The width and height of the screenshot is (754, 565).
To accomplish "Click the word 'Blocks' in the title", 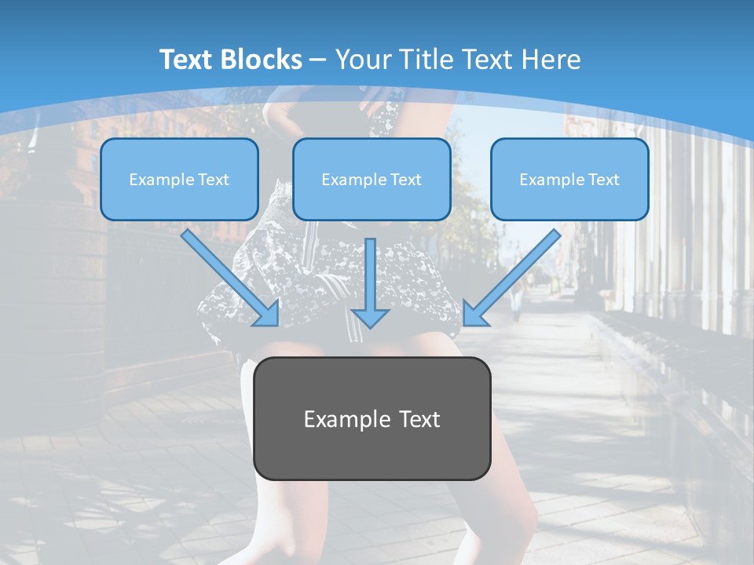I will [261, 60].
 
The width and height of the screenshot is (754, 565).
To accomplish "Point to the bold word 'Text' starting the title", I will [187, 60].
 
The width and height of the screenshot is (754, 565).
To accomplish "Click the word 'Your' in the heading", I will [362, 60].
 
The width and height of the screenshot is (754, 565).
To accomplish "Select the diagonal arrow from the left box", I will [227, 275].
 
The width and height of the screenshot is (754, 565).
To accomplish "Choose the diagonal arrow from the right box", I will [514, 275].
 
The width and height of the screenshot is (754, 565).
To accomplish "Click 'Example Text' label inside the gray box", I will [372, 419].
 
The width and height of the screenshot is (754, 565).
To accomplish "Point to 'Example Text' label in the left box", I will [179, 180].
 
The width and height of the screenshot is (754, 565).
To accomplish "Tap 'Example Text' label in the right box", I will [569, 180].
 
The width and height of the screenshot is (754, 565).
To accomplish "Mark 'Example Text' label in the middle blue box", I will [372, 180].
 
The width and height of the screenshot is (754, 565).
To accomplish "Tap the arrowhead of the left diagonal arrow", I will [269, 315].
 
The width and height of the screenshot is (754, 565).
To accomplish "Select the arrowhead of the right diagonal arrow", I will [473, 315].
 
